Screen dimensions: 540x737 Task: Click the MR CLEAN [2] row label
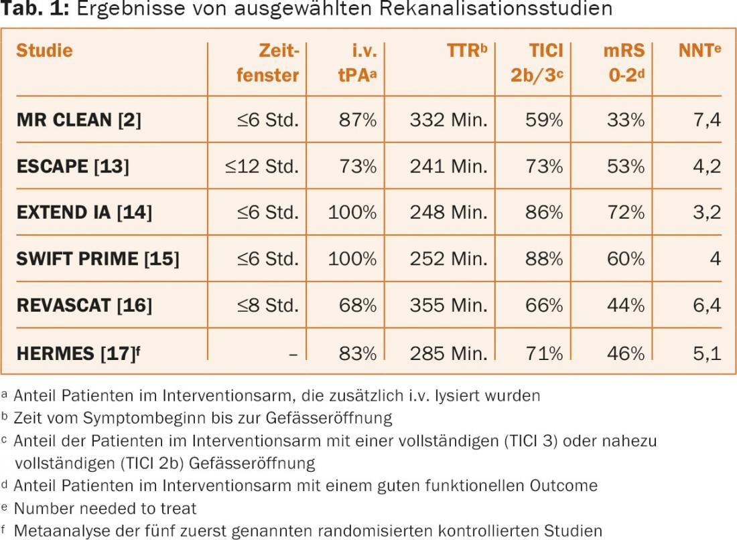(78, 120)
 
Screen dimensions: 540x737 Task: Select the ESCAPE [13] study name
(72, 166)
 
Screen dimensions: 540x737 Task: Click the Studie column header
(44, 51)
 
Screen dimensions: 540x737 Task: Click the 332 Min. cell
(448, 120)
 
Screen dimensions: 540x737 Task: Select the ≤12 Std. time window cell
(262, 166)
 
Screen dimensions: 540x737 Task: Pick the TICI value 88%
(544, 258)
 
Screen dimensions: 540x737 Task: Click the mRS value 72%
(626, 212)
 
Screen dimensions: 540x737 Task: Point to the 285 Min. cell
(448, 352)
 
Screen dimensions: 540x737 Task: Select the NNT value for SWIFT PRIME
(716, 258)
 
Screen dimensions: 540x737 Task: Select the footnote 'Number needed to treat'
(105, 508)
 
